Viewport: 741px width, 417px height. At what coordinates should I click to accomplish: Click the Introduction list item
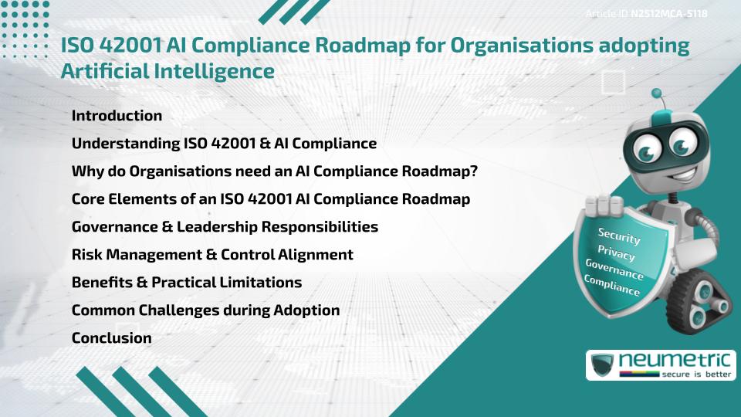tap(117, 116)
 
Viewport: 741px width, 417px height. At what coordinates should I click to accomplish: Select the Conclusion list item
tap(111, 337)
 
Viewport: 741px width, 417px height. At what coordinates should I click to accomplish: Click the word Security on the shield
tap(619, 236)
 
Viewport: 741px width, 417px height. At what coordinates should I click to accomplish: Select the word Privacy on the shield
tap(616, 254)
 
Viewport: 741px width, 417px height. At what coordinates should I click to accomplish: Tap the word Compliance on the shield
tap(611, 286)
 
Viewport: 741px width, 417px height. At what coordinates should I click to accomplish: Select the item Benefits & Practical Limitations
tap(186, 282)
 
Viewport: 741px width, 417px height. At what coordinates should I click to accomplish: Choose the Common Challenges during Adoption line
tap(205, 310)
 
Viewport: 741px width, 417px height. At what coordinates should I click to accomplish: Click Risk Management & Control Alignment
tap(212, 254)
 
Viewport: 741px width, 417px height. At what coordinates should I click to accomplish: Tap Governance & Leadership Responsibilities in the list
tap(225, 227)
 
